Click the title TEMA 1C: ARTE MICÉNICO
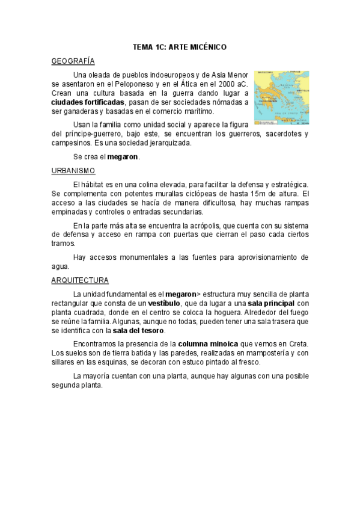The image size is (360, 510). pos(179,46)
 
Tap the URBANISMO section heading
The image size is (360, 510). pos(70,170)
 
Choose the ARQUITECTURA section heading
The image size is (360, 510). pos(80,280)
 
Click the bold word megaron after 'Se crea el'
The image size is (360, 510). pos(123,156)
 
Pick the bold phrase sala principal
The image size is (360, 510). pos(271,303)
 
